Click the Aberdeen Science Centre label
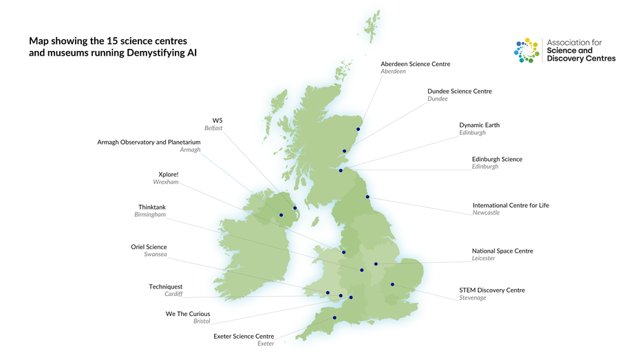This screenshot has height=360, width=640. pos(415,64)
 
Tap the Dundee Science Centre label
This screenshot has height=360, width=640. pos(459,91)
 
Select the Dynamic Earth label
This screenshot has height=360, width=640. pos(479,125)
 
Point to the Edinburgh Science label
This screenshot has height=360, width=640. pos(497,159)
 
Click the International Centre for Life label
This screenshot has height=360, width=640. pos(511,205)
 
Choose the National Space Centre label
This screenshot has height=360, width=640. pos(502,251)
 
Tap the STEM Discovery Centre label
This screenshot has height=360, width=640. pos(492,290)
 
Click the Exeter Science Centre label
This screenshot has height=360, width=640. pos(244,337)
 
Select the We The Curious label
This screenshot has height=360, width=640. pos(188,314)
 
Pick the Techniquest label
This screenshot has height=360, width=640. pos(166,286)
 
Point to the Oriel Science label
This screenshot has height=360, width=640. pos(149,247)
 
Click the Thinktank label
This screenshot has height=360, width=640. pos(152,207)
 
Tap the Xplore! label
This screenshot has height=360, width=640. pos(168,174)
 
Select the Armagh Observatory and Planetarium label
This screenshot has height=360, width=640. pos(149,142)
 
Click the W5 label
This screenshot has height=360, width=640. pos(217,120)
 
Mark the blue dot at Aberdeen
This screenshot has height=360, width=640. pos(359,129)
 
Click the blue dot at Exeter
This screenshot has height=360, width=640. pos(334,318)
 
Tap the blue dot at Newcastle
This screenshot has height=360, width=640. pos(367,198)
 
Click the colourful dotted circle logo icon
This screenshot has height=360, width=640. pos(527,50)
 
